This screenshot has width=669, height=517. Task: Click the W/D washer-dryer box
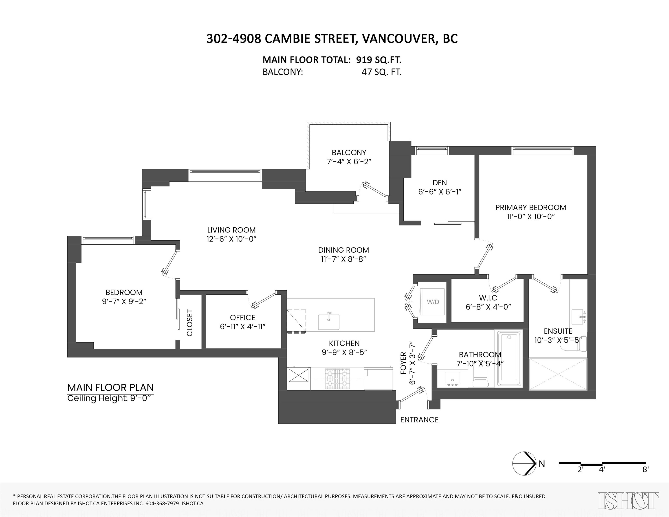click(433, 302)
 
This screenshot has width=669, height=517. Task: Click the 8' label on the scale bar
click(645, 478)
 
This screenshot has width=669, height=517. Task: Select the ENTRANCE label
click(419, 420)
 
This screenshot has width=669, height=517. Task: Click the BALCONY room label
click(349, 152)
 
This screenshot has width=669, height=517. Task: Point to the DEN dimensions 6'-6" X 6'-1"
click(440, 192)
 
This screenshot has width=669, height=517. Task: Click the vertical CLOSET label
click(190, 323)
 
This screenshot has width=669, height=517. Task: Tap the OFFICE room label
click(242, 318)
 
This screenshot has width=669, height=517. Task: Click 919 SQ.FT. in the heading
click(378, 60)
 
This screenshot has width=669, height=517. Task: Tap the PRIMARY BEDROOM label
click(530, 207)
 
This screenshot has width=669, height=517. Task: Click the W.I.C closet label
click(488, 298)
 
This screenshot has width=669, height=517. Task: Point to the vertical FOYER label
click(403, 363)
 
